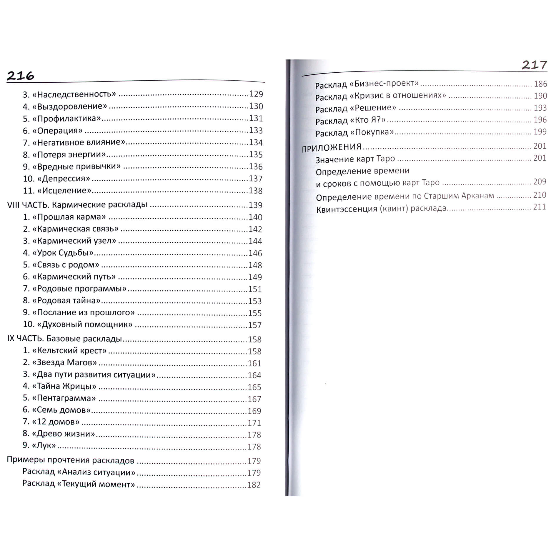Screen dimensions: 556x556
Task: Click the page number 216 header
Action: [x=20, y=76]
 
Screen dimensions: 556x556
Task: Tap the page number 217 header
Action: [x=534, y=65]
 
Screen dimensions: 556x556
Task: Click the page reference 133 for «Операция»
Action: [x=256, y=130]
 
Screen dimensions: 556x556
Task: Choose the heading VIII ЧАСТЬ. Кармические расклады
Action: [x=77, y=205]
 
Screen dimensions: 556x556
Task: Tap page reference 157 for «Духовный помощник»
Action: [x=254, y=325]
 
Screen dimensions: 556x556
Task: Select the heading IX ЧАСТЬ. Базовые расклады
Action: [x=64, y=339]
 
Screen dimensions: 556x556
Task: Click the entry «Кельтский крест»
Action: [x=69, y=351]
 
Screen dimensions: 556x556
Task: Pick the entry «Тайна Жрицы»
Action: [x=64, y=386]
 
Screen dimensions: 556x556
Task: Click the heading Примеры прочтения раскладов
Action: [x=71, y=460]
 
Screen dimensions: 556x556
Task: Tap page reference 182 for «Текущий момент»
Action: [x=254, y=485]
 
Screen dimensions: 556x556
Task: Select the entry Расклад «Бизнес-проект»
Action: [x=367, y=84]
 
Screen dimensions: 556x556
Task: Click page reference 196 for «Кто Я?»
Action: [x=540, y=120]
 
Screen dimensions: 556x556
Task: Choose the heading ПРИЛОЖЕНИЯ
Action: [x=332, y=148]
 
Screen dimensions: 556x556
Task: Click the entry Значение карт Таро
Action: [x=355, y=159]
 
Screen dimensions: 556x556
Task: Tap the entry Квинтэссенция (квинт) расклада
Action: [x=381, y=209]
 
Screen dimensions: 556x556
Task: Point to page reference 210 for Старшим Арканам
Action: [x=540, y=195]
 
